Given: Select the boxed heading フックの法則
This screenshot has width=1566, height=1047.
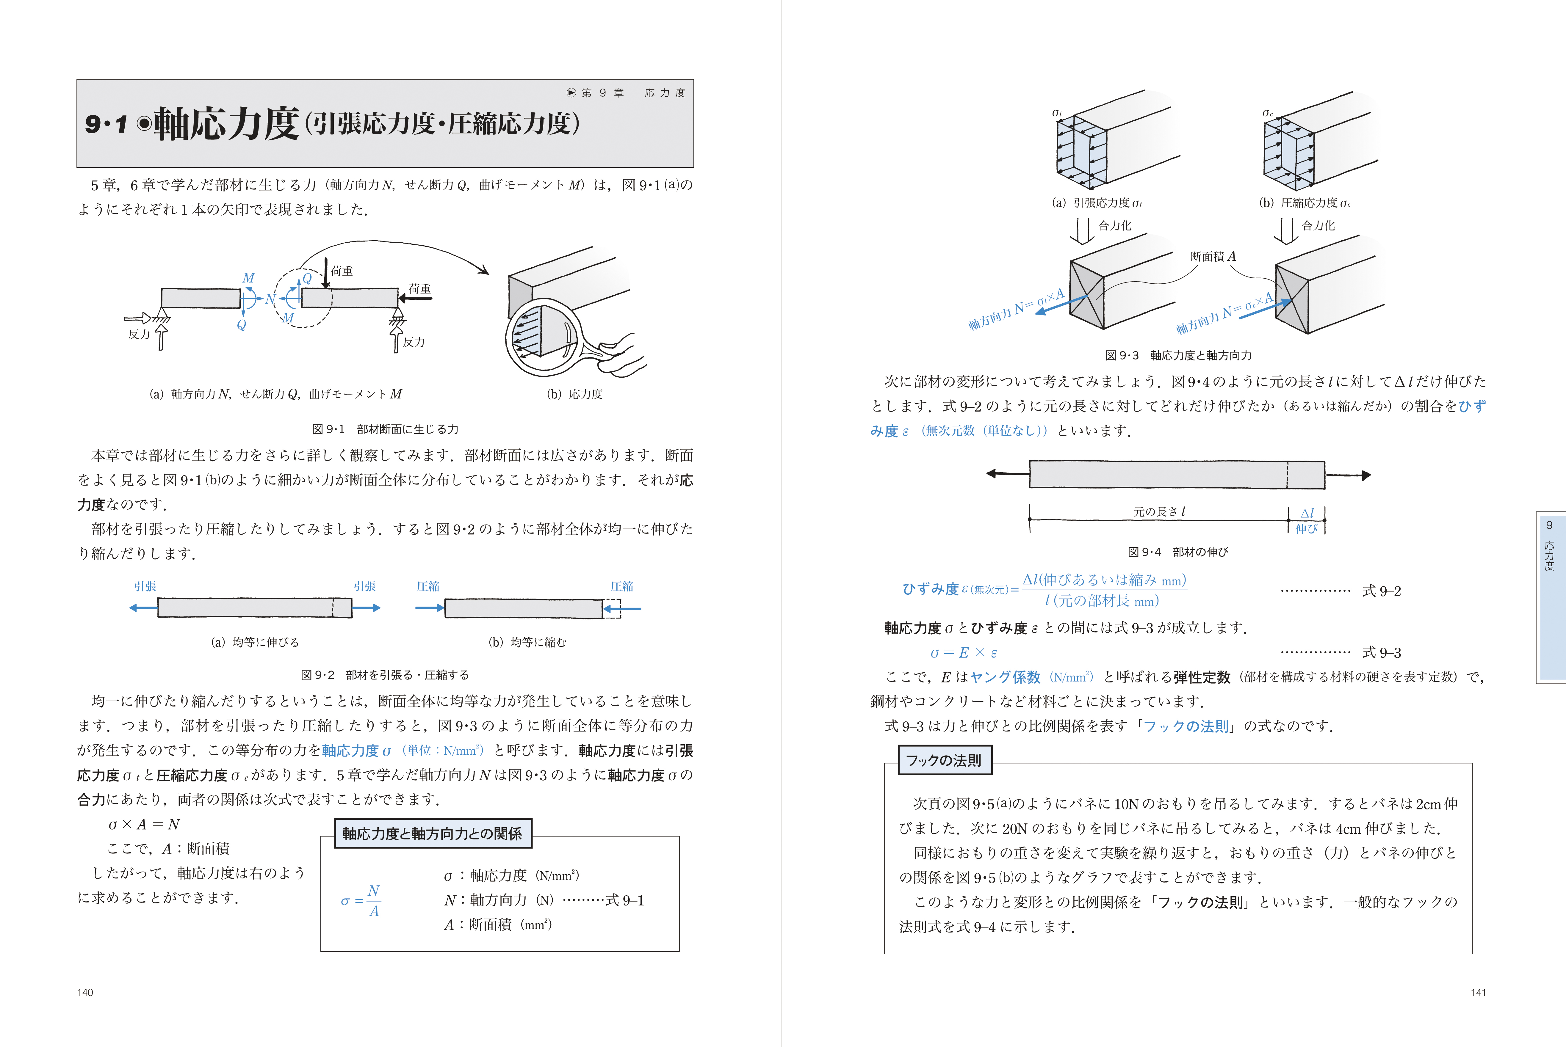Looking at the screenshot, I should pos(944,761).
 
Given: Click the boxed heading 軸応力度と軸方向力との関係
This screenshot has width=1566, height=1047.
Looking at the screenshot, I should pos(432,834).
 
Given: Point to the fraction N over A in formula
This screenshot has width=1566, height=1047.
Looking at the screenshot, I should pos(373,901).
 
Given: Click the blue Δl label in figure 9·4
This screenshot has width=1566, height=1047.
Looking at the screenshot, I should pos(1307,514).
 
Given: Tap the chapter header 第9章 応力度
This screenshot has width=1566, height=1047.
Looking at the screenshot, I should pos(627,93).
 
